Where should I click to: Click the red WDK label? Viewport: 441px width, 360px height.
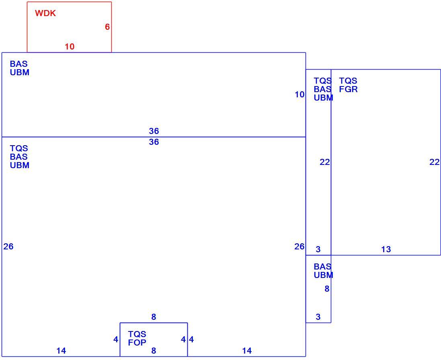tap(45, 13)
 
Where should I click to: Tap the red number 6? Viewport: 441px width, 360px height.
tap(107, 27)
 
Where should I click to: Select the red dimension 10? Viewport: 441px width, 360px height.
tap(70, 46)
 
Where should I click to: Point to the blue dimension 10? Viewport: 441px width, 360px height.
tap(299, 95)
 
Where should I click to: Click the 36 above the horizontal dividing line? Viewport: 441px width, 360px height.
tap(154, 131)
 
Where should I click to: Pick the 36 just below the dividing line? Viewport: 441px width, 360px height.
tap(154, 142)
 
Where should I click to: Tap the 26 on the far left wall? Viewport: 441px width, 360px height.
tap(8, 247)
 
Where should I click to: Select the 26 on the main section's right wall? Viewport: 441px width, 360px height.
tap(299, 247)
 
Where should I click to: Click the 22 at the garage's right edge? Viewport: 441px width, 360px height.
tap(435, 162)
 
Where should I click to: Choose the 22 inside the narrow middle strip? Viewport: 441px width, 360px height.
tap(325, 162)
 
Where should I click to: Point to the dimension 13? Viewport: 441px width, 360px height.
tap(386, 249)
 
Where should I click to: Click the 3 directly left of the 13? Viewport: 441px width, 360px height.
tap(318, 249)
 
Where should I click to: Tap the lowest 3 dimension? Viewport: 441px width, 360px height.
tap(318, 317)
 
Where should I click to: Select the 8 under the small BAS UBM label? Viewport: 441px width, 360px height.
tap(327, 289)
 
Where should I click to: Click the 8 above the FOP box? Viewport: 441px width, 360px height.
tap(154, 317)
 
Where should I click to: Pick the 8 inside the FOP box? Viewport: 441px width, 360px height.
tap(154, 351)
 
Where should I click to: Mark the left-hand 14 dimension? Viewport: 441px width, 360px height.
tap(62, 351)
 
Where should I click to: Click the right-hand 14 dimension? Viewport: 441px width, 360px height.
tap(247, 351)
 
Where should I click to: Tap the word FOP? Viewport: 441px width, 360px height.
tap(137, 343)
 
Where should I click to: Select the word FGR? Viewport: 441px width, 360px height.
tap(349, 89)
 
